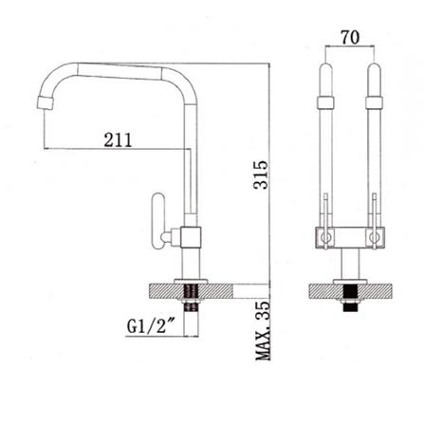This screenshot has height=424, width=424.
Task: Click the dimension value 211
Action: point(118,138)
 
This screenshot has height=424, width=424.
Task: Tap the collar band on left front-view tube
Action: point(324,101)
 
